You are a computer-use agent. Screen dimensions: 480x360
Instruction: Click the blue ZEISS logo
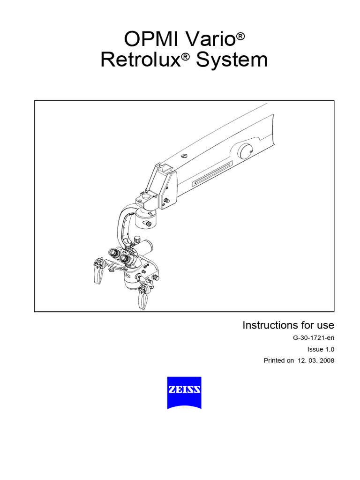tap(184, 392)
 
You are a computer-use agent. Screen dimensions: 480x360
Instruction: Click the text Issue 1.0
tap(321, 349)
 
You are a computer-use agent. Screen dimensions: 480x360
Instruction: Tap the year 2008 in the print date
tap(325, 360)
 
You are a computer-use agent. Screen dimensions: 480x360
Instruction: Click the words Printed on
tap(279, 360)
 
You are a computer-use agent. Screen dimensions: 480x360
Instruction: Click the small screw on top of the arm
tap(184, 156)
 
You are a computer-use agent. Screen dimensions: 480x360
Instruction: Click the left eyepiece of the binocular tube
tap(114, 253)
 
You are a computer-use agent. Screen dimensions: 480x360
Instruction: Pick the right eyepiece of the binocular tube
tap(125, 258)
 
